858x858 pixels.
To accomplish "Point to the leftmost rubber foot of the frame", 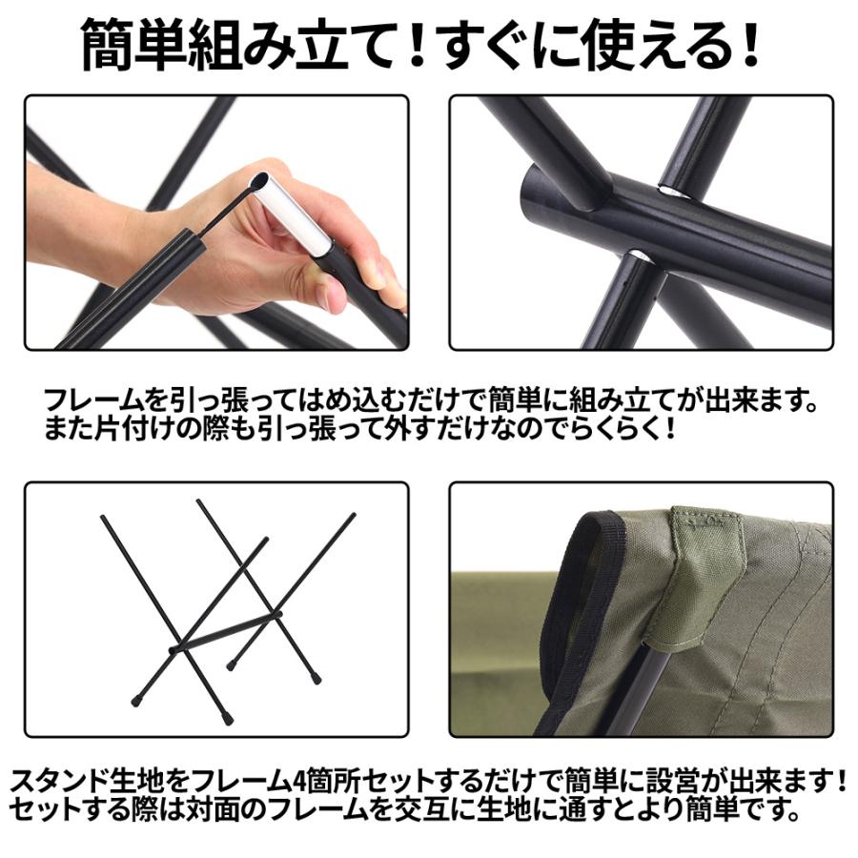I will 135,701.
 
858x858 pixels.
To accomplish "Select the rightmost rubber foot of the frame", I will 316,680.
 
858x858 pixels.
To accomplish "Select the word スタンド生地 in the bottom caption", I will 91,783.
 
